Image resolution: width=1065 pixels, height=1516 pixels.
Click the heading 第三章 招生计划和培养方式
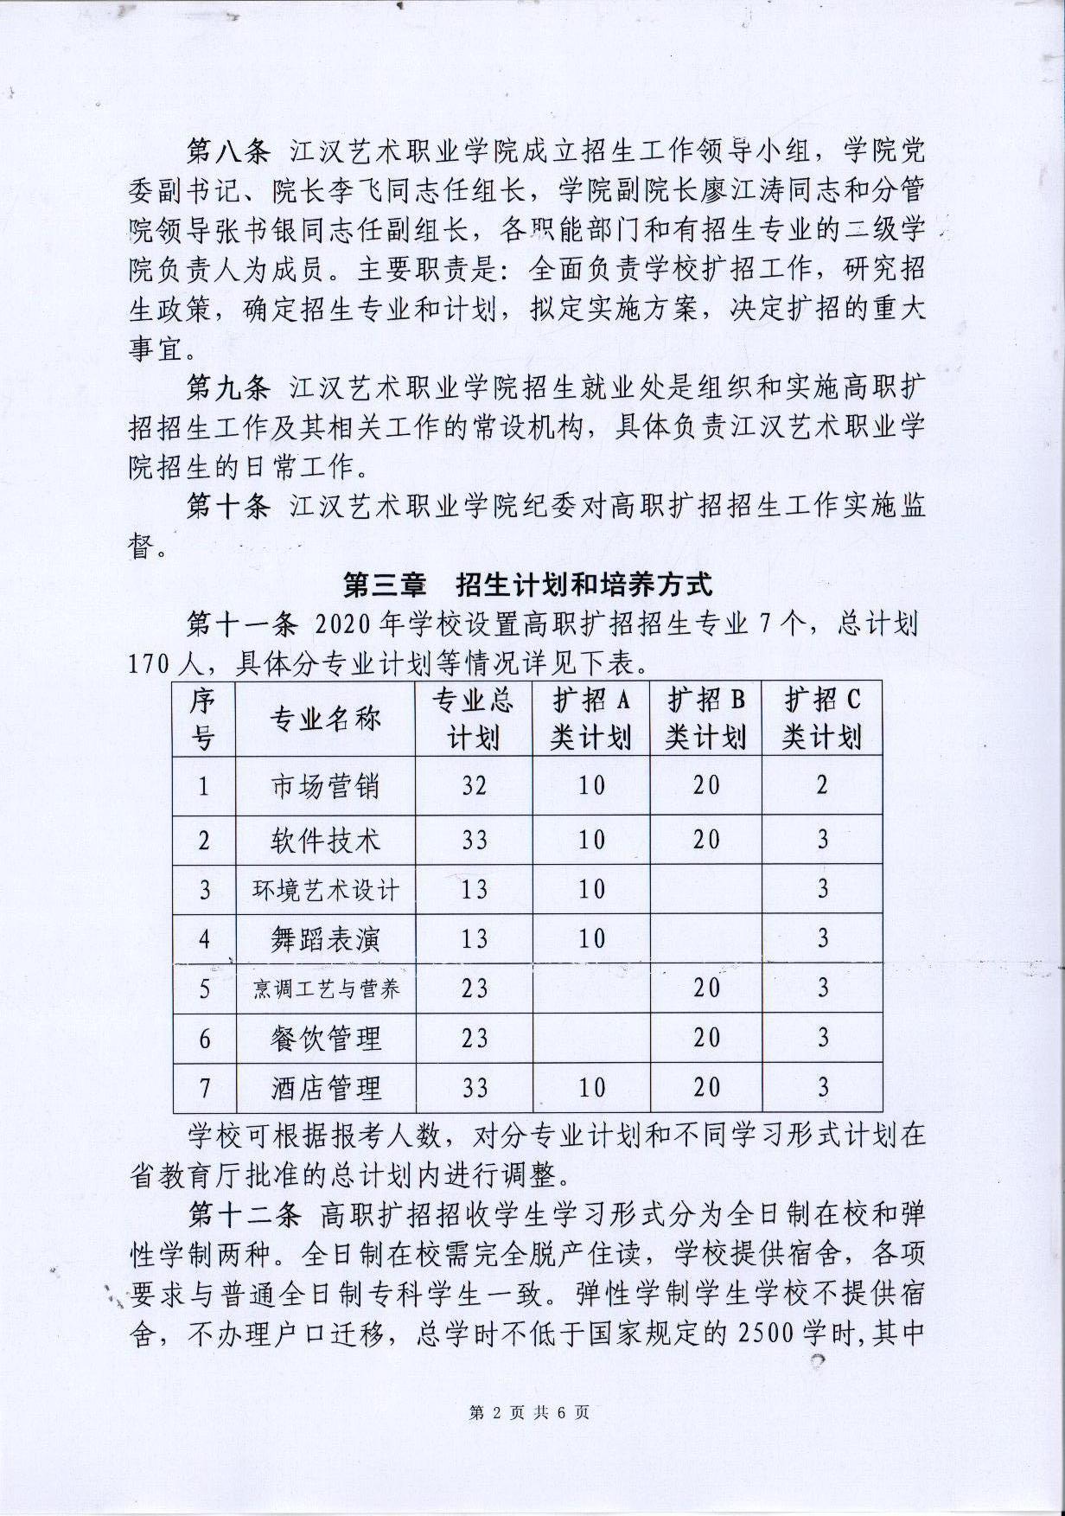coord(527,585)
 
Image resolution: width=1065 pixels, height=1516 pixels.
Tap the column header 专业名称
coord(325,720)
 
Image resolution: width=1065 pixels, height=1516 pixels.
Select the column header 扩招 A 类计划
coord(591,720)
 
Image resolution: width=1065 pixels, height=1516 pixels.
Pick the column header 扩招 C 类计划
coord(822,720)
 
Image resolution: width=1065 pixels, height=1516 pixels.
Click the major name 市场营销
coord(325,786)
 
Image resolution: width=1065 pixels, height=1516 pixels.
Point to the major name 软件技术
coord(325,840)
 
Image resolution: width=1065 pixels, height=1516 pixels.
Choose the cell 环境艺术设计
coord(325,890)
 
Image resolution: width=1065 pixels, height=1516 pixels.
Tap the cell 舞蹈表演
coord(325,939)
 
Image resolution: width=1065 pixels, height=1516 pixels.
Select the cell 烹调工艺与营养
coord(325,988)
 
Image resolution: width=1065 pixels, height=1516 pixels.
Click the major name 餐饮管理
coord(325,1039)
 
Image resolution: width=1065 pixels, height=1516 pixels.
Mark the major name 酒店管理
coord(325,1088)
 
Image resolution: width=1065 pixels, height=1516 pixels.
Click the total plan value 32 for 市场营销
coord(474,786)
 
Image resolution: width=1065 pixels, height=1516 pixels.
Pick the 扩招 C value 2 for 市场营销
coord(822,785)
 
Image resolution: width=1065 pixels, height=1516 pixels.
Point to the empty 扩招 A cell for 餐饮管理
coord(591,1039)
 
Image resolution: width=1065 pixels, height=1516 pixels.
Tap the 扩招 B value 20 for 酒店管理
coord(706,1088)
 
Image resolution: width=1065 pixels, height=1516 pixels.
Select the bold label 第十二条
coord(244,1215)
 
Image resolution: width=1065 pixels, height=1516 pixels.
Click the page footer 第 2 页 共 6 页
coord(529,1413)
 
